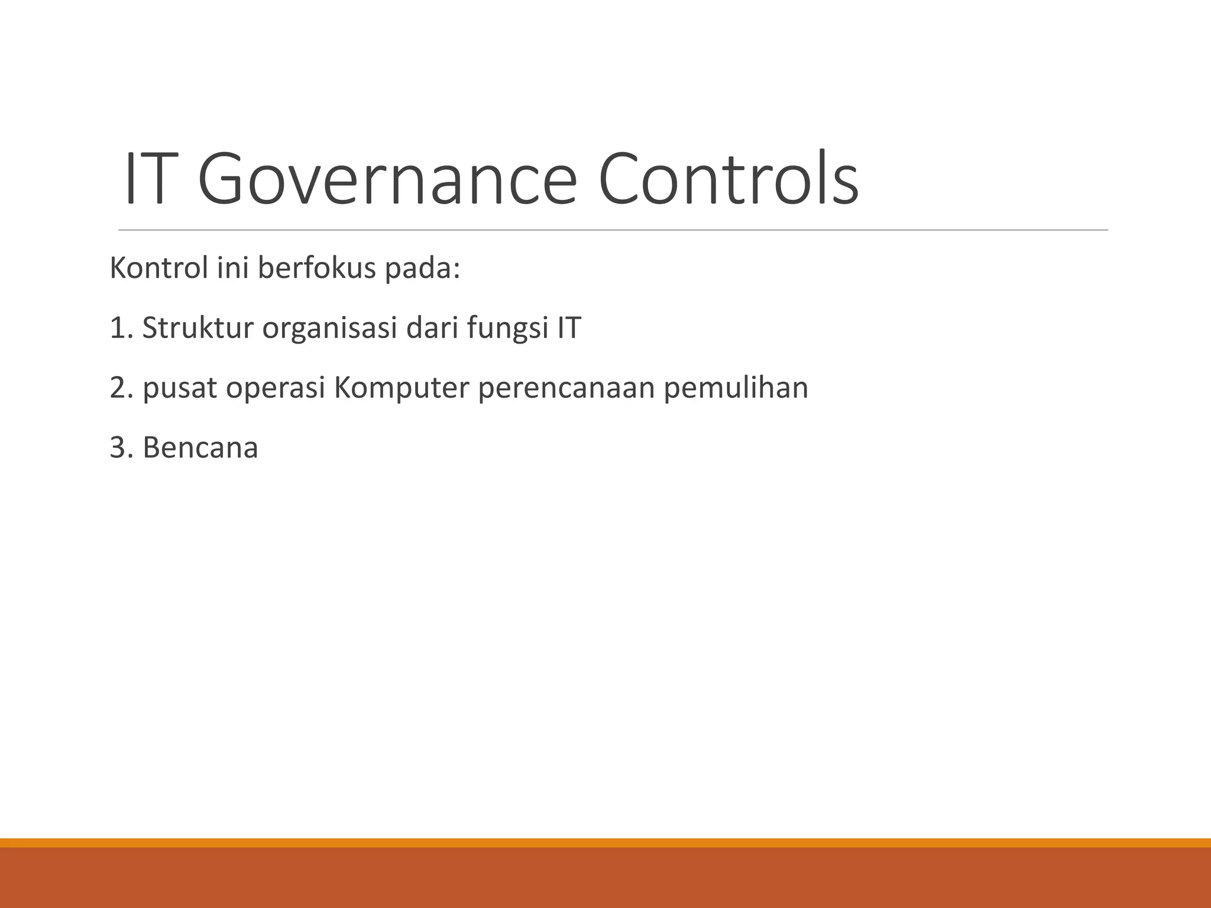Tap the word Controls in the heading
coord(728,179)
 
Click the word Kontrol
coord(159,268)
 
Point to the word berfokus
coord(317,268)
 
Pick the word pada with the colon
coord(422,270)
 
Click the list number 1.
coord(120,328)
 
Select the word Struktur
coord(197,328)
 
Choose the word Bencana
coord(200,447)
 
